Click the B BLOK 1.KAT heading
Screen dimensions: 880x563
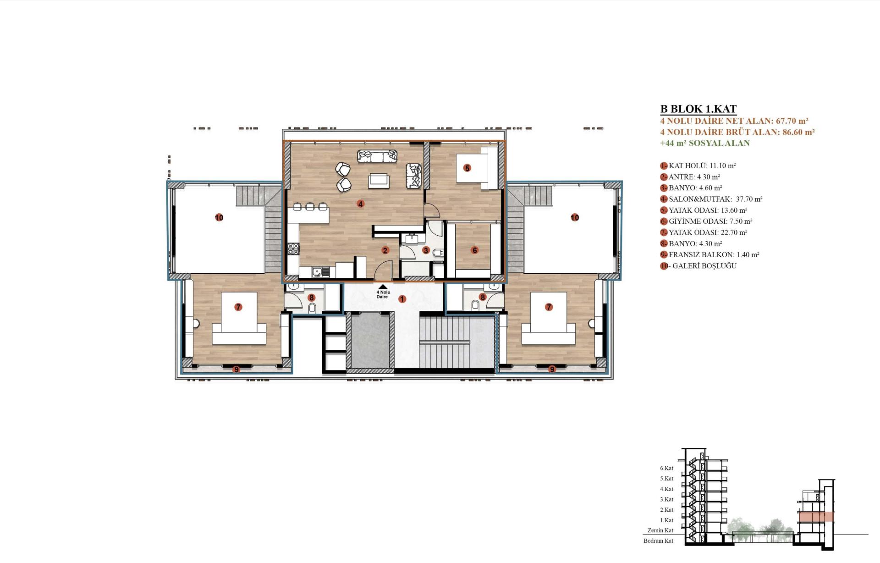[698, 109]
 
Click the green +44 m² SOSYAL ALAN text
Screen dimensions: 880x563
[705, 143]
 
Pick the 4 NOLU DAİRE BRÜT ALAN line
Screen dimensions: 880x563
[737, 132]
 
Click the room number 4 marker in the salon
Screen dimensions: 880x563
[361, 204]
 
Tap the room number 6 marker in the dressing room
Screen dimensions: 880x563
[474, 250]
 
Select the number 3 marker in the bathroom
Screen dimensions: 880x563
[426, 250]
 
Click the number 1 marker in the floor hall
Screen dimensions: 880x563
[402, 299]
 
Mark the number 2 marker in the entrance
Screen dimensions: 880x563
[385, 250]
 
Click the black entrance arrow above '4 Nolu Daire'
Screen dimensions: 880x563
[383, 287]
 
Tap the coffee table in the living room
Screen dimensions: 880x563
[379, 180]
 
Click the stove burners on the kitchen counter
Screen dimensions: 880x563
[293, 249]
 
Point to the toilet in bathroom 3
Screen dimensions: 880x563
[438, 252]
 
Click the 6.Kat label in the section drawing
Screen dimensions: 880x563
[666, 468]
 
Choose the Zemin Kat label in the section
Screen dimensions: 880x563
[660, 530]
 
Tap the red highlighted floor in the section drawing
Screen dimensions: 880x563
[816, 517]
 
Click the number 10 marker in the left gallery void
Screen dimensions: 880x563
[219, 217]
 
